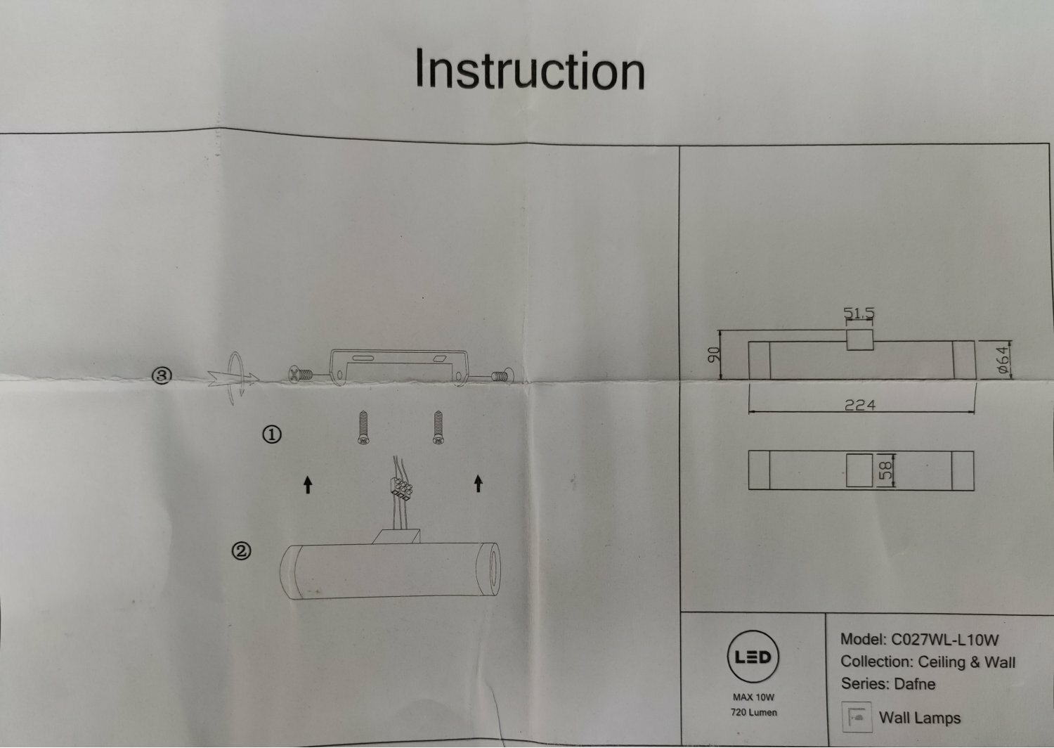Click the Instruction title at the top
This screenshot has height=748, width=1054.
click(530, 70)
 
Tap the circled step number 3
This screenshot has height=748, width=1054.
click(162, 376)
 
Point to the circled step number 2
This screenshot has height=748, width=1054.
click(241, 552)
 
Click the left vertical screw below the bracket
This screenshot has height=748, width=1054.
click(363, 428)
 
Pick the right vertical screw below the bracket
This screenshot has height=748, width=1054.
click(437, 428)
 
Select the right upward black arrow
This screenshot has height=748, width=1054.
click(479, 483)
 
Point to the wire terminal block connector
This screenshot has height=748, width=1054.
click(400, 487)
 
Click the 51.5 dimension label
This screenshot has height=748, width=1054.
click(859, 313)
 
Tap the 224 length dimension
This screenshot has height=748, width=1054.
click(860, 405)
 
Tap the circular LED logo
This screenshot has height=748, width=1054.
click(753, 657)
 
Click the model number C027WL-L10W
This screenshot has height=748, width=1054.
click(944, 640)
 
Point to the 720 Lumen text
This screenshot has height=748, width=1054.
click(753, 712)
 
